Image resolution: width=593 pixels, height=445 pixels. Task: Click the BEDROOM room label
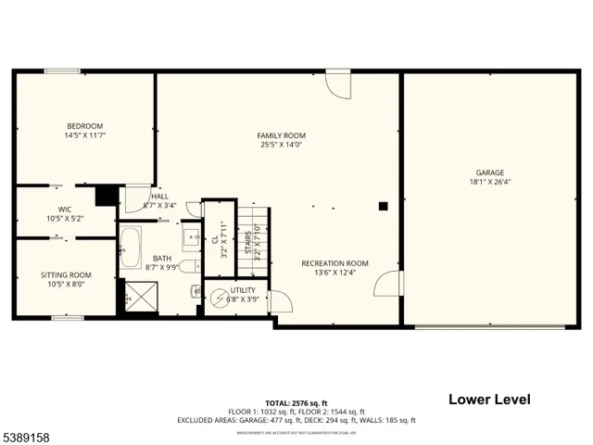coord(83,126)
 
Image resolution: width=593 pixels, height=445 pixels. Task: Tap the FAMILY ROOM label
coord(281,135)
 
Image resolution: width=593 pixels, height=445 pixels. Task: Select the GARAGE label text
coord(489,172)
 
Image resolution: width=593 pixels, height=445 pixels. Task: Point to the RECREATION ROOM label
coord(334,263)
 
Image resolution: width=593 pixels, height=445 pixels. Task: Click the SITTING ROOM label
coord(65,274)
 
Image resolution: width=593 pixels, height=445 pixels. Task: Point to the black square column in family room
coord(382,207)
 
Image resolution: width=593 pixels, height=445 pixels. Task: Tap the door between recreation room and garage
coord(389,284)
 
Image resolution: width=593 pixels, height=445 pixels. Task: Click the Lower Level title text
coord(489,400)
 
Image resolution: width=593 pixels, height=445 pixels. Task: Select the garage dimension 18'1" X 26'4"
coord(489,183)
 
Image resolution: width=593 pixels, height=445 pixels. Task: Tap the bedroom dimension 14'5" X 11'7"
coord(83,136)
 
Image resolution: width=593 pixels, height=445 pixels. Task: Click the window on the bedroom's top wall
coord(62,70)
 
